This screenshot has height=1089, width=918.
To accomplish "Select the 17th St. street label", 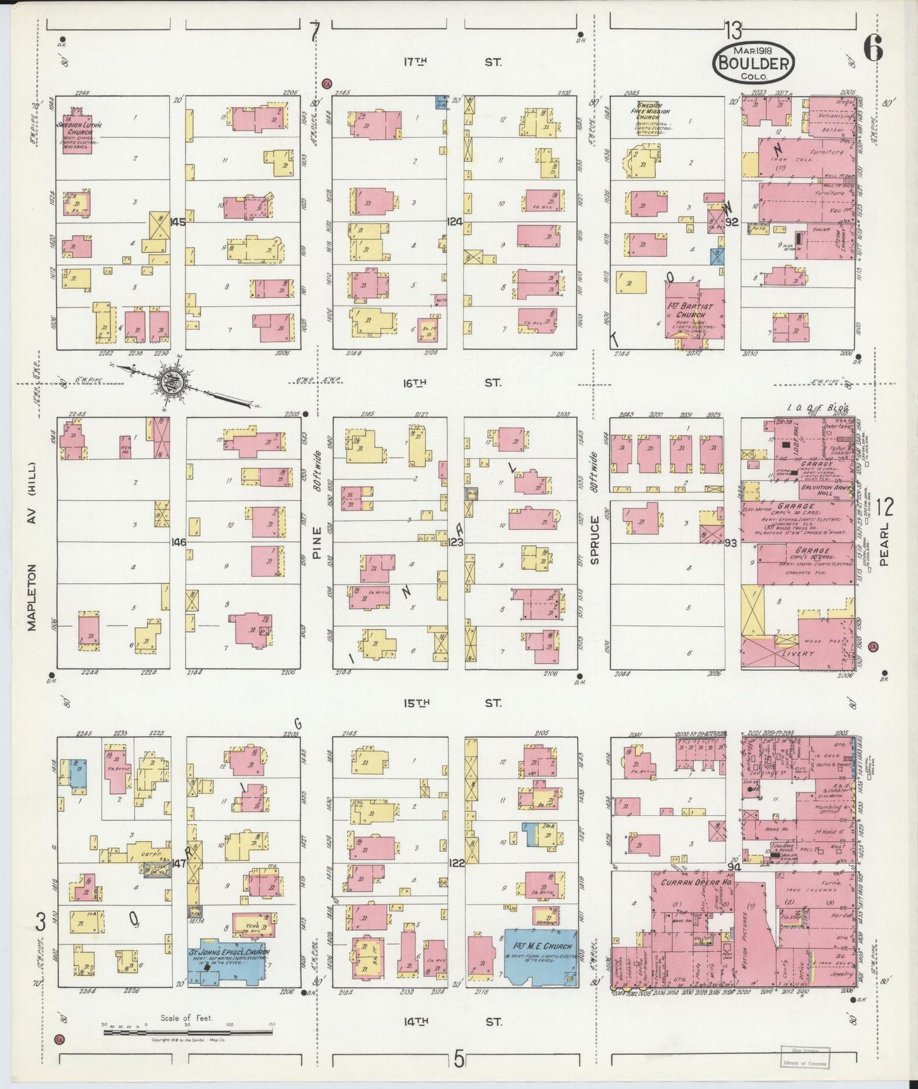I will (452, 62).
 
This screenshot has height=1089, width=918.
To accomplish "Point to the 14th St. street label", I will (452, 1022).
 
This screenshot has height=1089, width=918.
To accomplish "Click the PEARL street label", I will (884, 549).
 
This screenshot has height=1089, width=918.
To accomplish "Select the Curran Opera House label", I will (690, 883).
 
